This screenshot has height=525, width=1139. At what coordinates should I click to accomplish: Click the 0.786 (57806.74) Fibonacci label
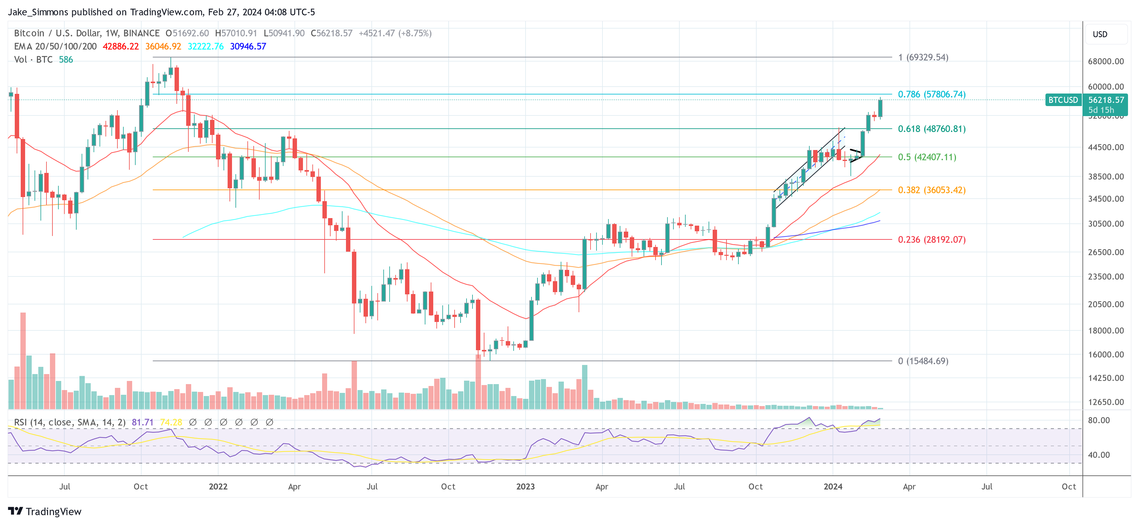click(x=931, y=94)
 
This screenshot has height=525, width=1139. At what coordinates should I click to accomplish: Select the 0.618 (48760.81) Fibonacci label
click(x=931, y=129)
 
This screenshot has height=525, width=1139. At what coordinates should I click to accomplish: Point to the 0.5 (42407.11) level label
click(x=927, y=157)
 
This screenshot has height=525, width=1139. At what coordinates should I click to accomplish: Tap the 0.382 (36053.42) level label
click(x=931, y=190)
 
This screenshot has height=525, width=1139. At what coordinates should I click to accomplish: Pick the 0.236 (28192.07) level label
click(x=931, y=239)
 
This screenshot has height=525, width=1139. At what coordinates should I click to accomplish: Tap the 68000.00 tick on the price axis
click(x=1105, y=62)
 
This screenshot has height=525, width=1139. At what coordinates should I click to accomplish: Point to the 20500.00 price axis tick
click(x=1105, y=304)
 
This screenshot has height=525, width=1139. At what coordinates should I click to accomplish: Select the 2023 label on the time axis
click(x=525, y=486)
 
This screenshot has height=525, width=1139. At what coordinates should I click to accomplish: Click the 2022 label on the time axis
click(x=218, y=486)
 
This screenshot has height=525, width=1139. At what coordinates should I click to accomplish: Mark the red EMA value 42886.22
click(x=121, y=46)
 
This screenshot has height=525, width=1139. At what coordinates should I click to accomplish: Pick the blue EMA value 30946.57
click(x=248, y=46)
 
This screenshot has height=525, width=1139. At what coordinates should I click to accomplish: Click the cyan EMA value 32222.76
click(x=206, y=46)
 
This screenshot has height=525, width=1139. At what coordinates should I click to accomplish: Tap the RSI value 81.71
click(x=143, y=422)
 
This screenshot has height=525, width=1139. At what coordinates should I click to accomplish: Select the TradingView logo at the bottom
click(x=45, y=511)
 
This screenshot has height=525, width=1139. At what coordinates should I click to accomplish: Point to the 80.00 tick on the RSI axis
click(x=1099, y=420)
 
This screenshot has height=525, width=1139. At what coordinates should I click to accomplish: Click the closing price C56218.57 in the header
click(x=332, y=33)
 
